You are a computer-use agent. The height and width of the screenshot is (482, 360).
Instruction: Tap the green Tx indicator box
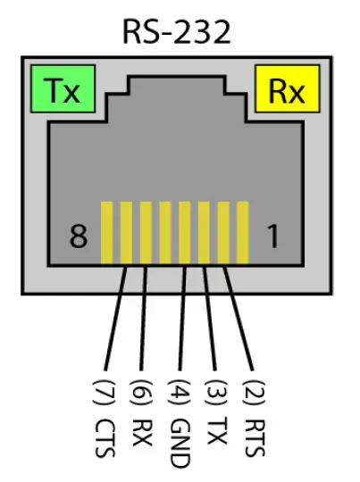pyautogui.click(x=61, y=91)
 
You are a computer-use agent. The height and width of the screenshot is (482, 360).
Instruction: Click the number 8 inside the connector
pyautogui.click(x=80, y=237)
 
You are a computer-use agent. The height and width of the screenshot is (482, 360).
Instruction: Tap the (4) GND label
pyautogui.click(x=179, y=420)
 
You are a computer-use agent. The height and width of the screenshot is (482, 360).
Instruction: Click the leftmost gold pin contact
pyautogui.click(x=106, y=232)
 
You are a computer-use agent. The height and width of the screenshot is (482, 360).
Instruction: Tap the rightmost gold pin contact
pyautogui.click(x=244, y=232)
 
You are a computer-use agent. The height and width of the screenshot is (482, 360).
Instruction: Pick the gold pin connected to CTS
pyautogui.click(x=126, y=232)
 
